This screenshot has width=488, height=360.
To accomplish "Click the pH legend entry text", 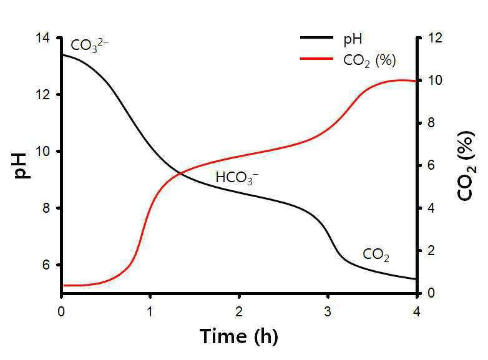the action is pos(353,40).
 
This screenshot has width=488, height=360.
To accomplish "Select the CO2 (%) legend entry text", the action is pos(369,61).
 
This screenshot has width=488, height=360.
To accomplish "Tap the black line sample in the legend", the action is pos(316,37).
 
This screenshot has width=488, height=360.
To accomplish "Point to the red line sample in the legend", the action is pos(316,59).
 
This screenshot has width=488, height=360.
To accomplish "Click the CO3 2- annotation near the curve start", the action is pos(90,46).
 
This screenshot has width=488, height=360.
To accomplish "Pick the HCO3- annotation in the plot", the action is pos(237,178).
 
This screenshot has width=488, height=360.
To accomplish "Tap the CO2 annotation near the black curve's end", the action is pos(376,255).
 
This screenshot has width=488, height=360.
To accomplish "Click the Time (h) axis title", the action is pos(239,337).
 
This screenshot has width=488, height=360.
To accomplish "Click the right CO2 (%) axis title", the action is pos(466,166).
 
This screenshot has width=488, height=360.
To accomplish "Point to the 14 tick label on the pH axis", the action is pos(42,38).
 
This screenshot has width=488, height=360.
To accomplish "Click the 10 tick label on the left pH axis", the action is pos(42,152).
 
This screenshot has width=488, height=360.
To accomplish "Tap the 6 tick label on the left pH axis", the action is pos(46,265).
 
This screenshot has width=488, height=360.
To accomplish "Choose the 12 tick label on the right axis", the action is pos(435,38).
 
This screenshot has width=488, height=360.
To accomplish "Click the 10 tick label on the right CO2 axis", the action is pos(435,80).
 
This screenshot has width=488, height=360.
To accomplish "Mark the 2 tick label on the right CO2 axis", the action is pos(431,250).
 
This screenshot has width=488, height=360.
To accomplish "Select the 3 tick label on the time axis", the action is pos(328,311).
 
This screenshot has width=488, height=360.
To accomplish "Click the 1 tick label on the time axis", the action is pos(150,311).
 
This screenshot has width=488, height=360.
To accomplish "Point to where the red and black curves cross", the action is pos(180,173).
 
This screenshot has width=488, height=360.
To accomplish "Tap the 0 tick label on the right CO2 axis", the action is pos(431,293).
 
